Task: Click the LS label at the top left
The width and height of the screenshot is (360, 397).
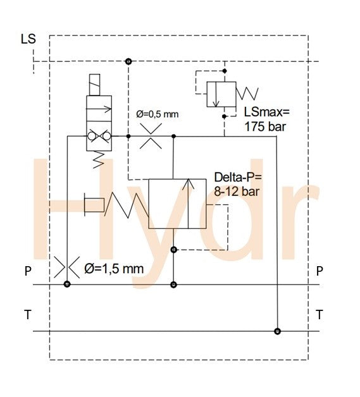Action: coord(28,39)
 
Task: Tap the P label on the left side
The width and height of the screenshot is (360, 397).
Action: coord(28,271)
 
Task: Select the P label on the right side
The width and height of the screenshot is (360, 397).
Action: coord(320,271)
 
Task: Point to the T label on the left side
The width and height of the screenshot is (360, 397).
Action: coord(28,314)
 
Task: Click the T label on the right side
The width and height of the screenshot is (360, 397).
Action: coord(320,314)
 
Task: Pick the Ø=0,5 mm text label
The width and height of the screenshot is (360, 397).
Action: coord(158,114)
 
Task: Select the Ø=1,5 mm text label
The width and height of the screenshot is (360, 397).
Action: coord(114,269)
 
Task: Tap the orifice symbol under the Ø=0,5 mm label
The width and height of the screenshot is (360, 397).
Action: coord(151,136)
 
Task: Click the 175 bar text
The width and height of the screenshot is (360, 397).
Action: coord(266,126)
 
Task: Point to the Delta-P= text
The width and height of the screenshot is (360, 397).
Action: coord(237,176)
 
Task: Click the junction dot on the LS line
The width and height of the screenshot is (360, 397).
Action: coord(128,61)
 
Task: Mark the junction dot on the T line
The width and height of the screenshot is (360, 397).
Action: coord(276,331)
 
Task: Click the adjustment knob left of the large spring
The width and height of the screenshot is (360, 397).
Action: coord(94,205)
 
